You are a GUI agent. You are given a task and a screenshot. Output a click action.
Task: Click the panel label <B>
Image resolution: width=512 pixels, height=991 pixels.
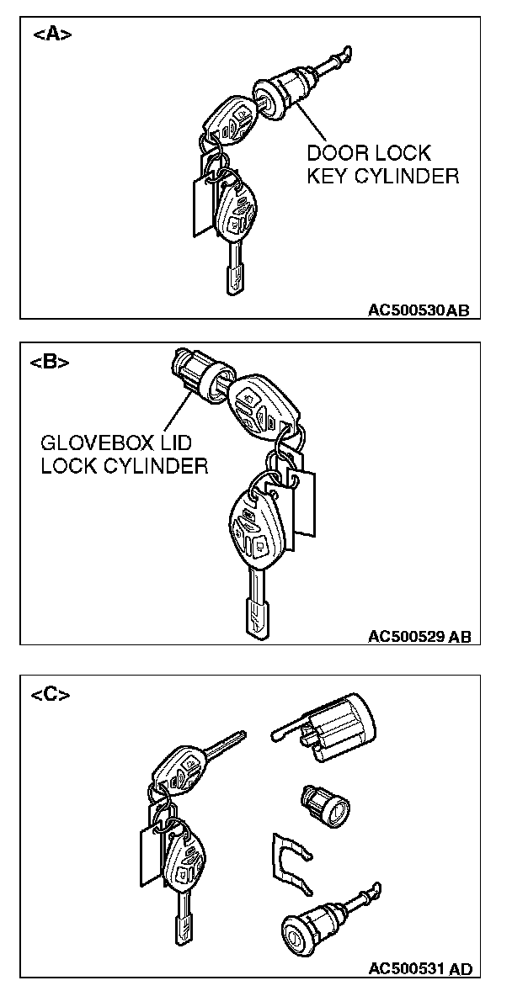50,363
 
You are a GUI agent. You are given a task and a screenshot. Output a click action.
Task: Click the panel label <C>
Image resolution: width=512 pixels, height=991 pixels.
51,694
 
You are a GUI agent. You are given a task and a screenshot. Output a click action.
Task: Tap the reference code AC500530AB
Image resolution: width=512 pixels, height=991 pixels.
418,310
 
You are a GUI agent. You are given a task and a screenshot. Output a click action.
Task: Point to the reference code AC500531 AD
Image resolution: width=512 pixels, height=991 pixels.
420,968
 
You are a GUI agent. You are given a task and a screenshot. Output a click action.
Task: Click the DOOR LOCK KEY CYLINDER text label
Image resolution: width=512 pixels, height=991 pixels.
381,165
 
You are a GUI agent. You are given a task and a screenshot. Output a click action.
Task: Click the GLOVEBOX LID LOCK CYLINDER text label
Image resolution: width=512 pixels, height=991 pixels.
124,454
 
